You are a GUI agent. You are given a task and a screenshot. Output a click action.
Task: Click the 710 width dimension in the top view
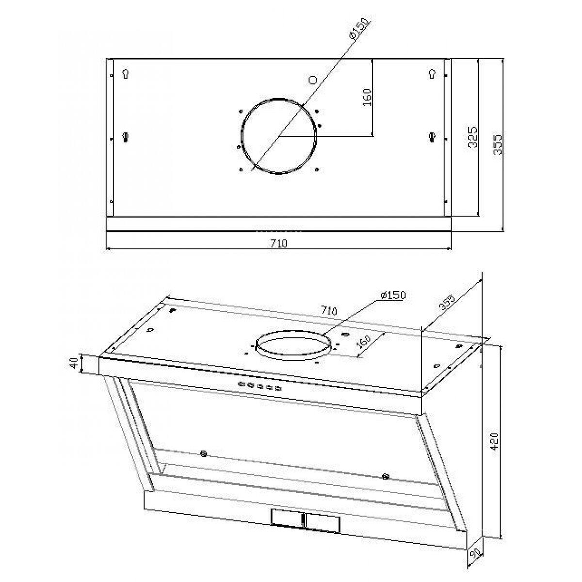click(x=278, y=243)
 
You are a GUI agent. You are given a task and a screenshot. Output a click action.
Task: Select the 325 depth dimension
click(x=473, y=137)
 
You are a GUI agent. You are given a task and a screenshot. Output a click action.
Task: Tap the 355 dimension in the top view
click(x=498, y=145)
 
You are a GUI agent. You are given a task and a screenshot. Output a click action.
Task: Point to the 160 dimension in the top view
click(x=367, y=97)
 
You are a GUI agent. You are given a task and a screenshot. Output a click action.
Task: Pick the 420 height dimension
click(x=494, y=441)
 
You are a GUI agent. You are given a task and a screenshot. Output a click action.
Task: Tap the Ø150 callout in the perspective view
click(x=393, y=295)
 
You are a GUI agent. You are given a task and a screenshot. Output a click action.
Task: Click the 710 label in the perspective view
click(x=329, y=310)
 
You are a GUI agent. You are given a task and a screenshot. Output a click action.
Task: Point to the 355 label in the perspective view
click(x=447, y=302)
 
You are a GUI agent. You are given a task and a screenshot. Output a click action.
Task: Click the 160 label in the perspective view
click(x=363, y=341)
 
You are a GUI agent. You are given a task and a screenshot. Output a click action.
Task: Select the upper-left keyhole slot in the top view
click(x=126, y=73)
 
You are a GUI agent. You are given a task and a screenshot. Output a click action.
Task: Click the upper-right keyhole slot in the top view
click(x=433, y=73)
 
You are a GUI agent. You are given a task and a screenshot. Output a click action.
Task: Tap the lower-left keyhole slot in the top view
click(x=126, y=137)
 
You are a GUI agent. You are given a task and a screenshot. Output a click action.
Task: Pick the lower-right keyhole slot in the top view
click(x=433, y=137)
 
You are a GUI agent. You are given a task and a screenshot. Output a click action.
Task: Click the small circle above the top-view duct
click(x=312, y=80)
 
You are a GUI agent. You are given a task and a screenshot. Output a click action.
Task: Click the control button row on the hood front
click(x=260, y=386)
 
